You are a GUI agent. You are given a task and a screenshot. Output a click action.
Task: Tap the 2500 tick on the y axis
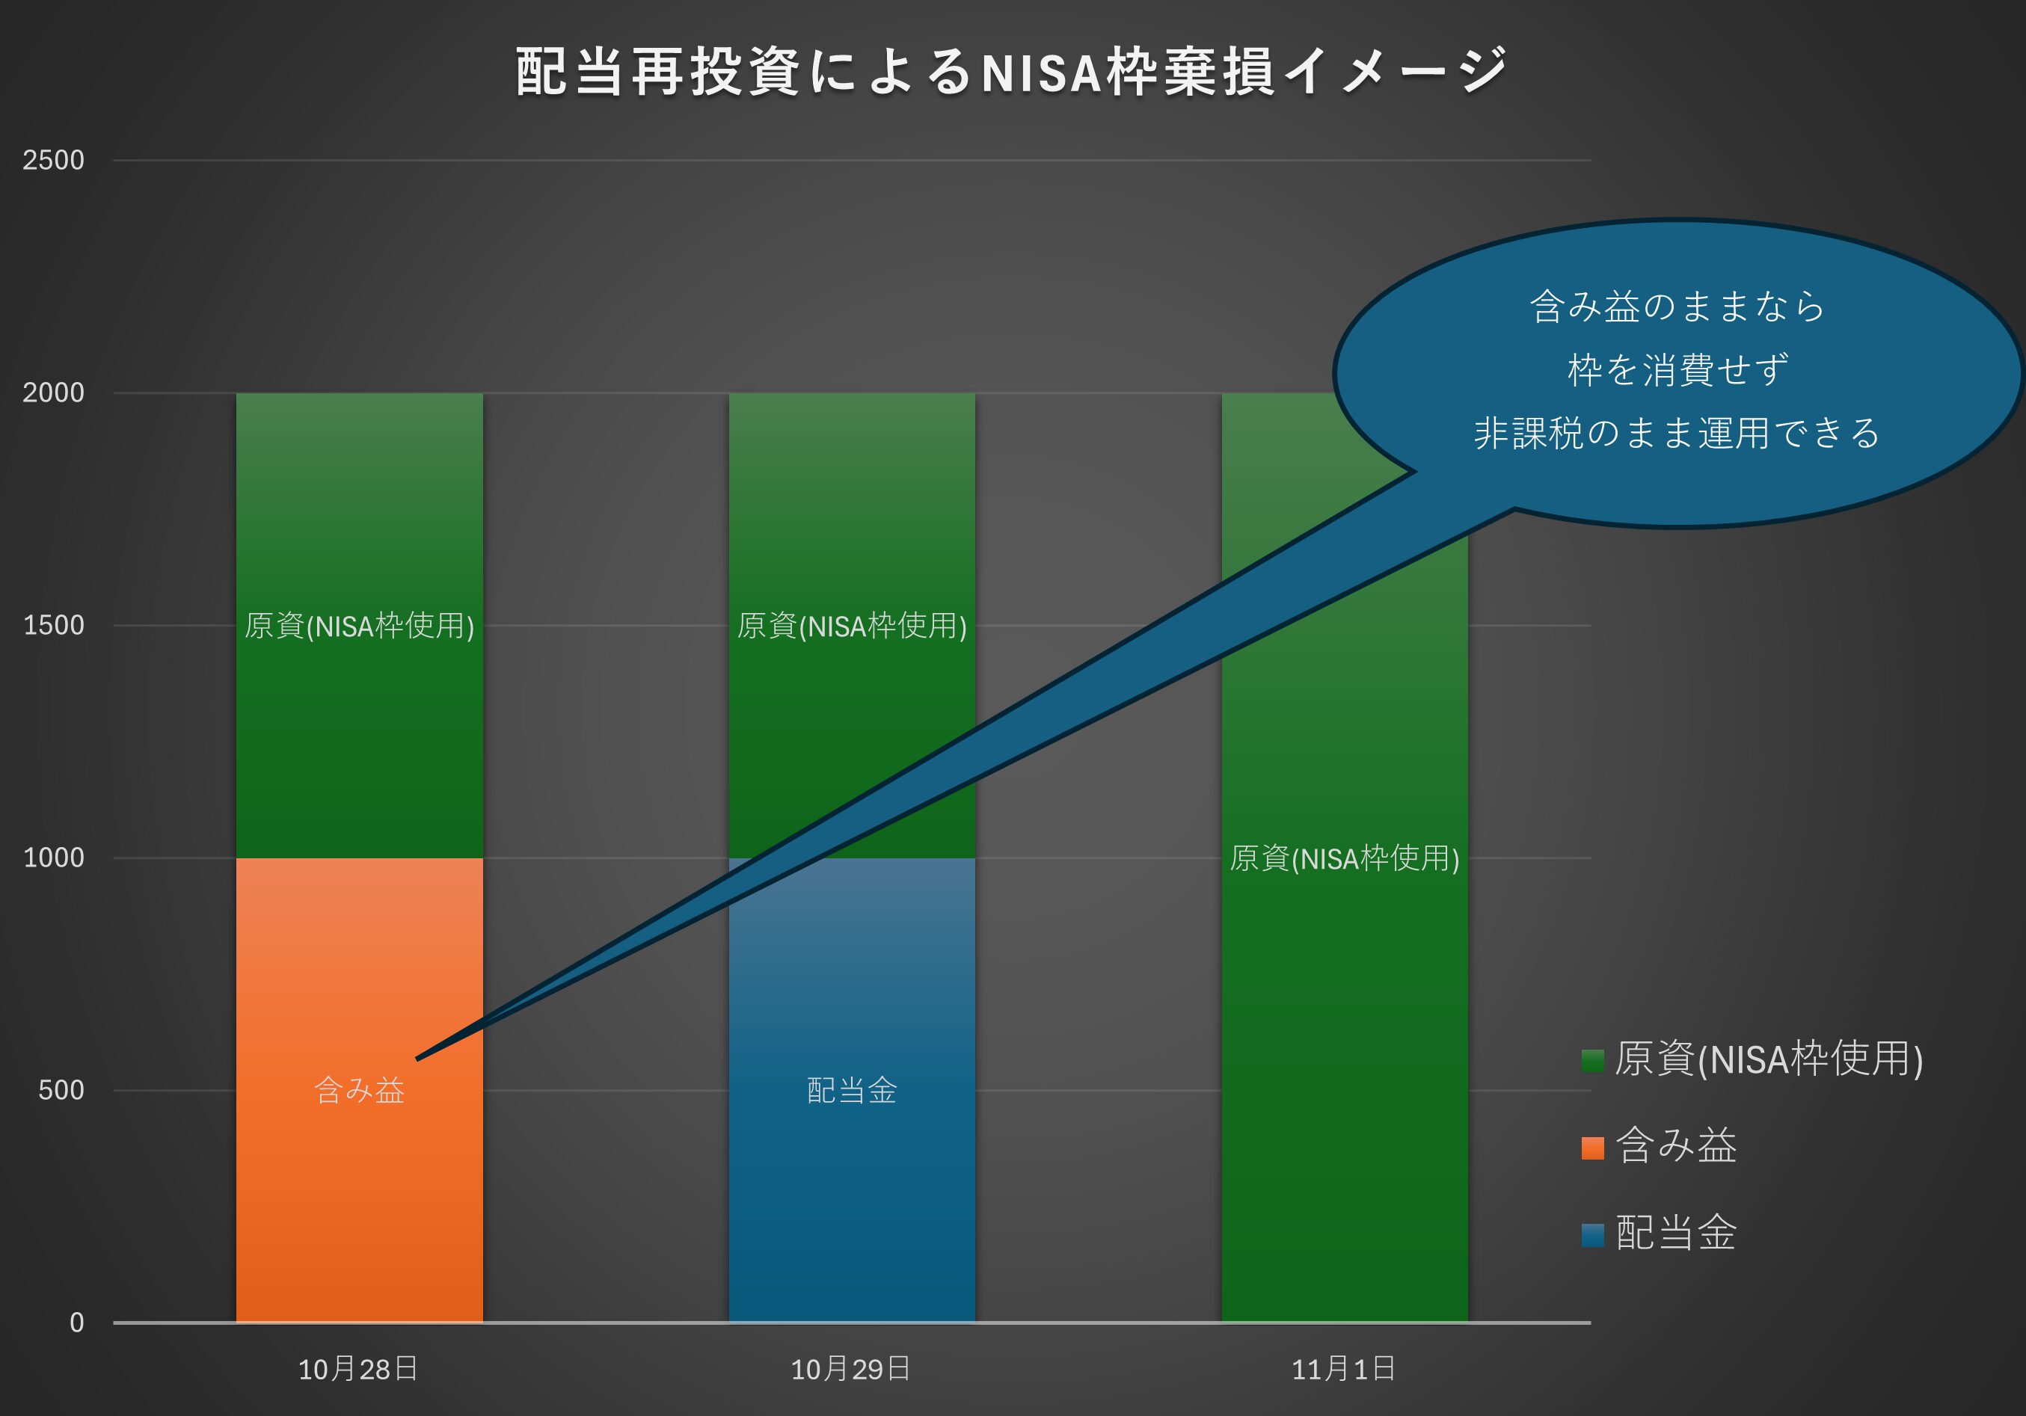point(53,161)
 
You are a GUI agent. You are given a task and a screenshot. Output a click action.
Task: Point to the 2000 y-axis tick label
point(53,393)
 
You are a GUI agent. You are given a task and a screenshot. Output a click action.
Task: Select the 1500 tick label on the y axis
point(53,626)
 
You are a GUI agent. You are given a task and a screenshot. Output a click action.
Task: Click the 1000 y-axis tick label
point(53,858)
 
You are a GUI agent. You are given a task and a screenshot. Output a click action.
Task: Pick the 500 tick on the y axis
point(61,1091)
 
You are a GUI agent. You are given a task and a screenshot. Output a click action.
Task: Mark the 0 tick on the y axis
point(77,1323)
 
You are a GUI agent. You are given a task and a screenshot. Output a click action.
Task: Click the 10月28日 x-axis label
point(358,1369)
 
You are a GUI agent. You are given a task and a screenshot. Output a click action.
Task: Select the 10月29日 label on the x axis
point(850,1369)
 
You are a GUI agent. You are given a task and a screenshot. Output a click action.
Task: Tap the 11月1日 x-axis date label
point(1344,1369)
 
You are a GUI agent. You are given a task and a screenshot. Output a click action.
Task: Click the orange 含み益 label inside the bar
point(359,1092)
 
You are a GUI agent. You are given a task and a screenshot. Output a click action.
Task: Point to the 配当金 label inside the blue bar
point(852,1092)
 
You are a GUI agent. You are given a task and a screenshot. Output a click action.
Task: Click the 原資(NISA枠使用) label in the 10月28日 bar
point(359,627)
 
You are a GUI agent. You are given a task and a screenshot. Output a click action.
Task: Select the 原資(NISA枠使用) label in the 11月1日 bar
point(1344,858)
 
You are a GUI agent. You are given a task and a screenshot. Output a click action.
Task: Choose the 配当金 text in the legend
point(1676,1234)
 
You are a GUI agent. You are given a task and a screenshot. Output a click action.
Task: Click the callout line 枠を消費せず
point(1677,369)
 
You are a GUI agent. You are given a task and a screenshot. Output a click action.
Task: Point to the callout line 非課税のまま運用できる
point(1677,433)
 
